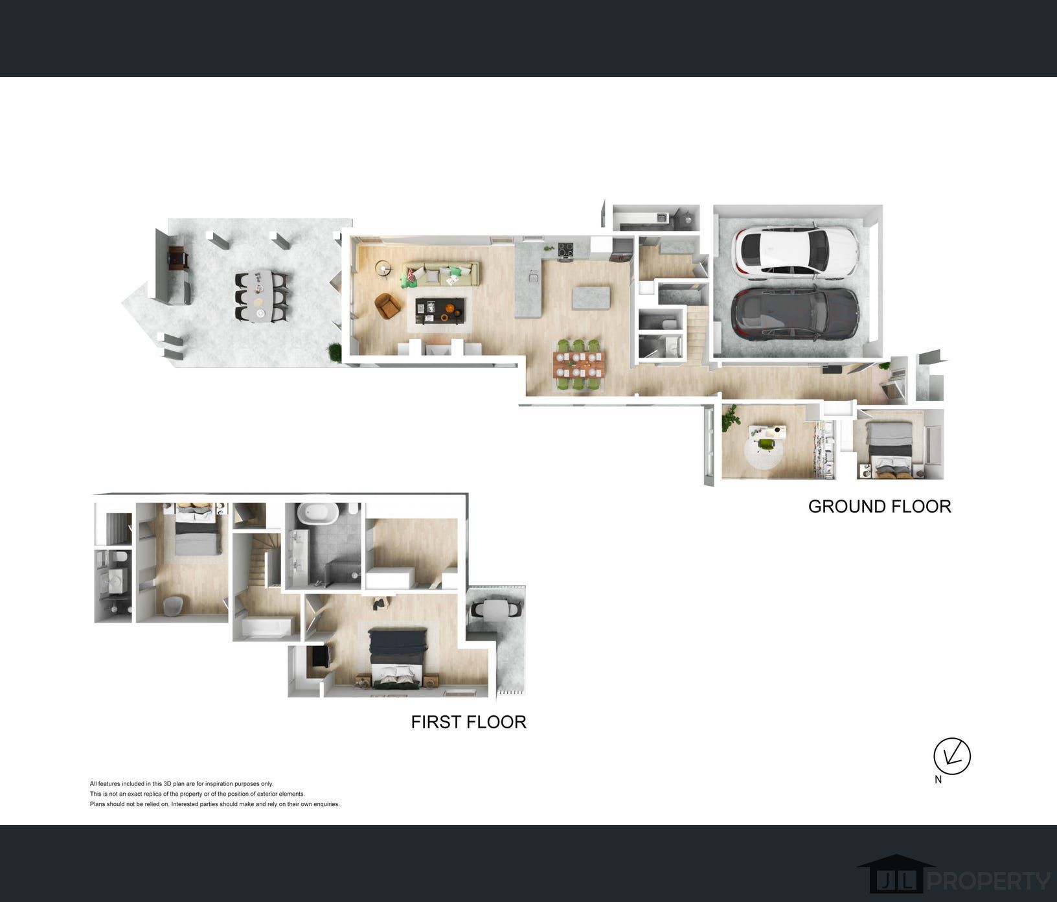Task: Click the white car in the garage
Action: (795, 251)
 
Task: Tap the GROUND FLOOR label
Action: (880, 506)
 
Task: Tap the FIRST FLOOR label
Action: (468, 722)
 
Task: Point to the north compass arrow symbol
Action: (951, 756)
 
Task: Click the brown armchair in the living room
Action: (388, 306)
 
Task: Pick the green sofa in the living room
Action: (440, 273)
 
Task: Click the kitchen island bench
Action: (591, 297)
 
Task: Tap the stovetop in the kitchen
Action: (566, 249)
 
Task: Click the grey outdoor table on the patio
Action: (262, 296)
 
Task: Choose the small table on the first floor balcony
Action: (495, 609)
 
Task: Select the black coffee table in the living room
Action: (440, 310)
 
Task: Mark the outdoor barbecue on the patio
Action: (177, 258)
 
